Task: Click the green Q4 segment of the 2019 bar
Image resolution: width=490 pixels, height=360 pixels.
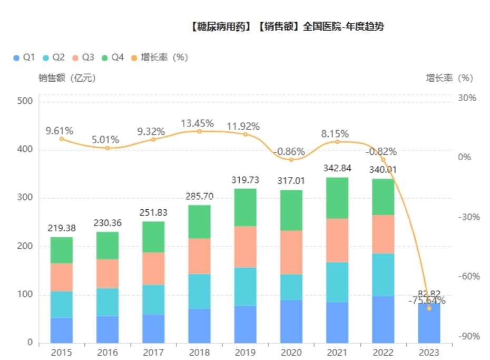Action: pos(245,207)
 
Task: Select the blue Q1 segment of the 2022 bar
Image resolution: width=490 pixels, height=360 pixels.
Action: pos(383,319)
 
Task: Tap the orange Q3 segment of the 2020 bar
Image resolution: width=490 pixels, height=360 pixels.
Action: pos(291,252)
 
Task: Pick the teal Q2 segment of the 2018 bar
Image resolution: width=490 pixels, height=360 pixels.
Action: pos(199,291)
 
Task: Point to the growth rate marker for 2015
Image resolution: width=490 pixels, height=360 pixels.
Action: pos(62,139)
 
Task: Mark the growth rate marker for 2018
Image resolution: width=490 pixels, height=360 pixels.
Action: pos(199,131)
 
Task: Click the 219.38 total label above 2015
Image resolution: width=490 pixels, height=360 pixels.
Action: pos(61,228)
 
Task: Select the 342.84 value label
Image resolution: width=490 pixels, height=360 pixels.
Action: pos(338,169)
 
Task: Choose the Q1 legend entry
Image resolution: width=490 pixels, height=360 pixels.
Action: pos(24,57)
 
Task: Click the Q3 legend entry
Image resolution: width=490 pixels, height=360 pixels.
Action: pos(83,57)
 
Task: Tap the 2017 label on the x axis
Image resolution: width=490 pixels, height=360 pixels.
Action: pos(153,352)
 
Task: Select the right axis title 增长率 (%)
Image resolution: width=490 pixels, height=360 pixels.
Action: pos(449,78)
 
